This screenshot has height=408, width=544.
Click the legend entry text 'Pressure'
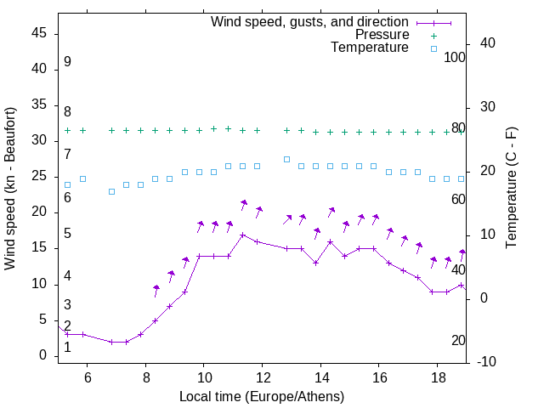pos(382,35)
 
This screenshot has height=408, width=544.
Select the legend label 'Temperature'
pos(370,48)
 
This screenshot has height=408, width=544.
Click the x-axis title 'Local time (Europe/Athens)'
pos(262,397)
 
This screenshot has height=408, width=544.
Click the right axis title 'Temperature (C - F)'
pos(511,188)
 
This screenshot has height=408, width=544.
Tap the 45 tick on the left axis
pos(39,34)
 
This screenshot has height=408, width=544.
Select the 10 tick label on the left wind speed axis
pos(39,284)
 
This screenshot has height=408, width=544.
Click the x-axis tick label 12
pos(262,377)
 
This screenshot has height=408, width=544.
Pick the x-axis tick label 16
pos(378,377)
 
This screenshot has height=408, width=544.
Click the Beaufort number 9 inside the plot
pos(67,62)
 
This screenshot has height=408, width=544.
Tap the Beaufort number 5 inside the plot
pos(67,234)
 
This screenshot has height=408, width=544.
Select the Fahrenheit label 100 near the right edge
pos(456,57)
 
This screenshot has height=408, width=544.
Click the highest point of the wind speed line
pos(243,235)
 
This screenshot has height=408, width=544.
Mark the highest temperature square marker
pos(286,159)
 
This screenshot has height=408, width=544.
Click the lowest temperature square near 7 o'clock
pos(111,191)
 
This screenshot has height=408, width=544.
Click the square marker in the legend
pos(433,48)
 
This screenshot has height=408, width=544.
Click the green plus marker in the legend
pos(433,36)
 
